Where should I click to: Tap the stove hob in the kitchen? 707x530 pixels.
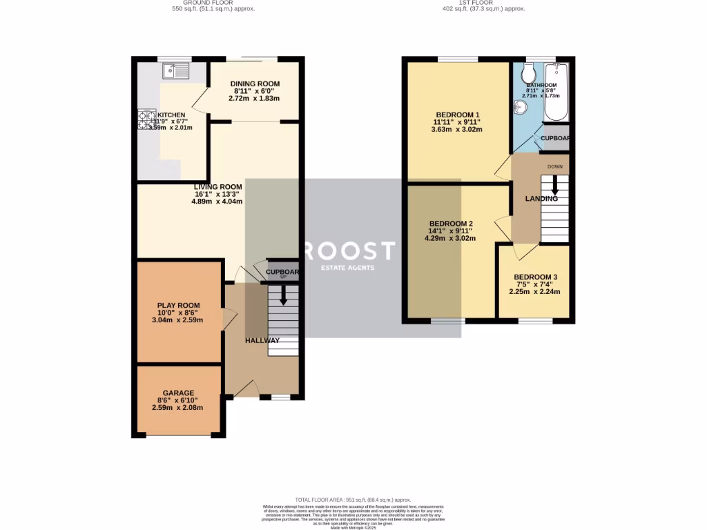coord(148,120)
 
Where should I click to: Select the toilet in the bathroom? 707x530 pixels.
coord(528,74)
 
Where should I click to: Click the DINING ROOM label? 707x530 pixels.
coord(255,84)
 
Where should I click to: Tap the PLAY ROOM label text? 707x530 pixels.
coord(178,305)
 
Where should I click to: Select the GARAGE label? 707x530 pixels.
coord(178,393)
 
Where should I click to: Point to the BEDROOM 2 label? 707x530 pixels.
coord(451,224)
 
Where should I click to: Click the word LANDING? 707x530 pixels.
coord(541,199)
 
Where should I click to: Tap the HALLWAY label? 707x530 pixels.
coord(262,340)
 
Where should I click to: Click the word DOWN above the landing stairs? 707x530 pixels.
coord(554,167)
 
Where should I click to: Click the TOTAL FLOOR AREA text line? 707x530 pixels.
coord(353,500)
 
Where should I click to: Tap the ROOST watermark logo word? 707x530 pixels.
coord(353,250)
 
